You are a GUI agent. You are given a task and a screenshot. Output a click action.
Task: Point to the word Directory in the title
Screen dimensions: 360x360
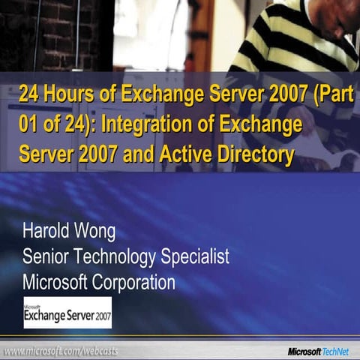(x=259, y=156)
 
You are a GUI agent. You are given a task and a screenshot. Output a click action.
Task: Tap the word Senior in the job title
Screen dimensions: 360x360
(x=45, y=256)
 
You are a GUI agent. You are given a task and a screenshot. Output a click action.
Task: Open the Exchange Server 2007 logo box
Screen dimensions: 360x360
(x=67, y=312)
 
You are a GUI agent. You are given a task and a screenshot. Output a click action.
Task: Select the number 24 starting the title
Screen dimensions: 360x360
(x=28, y=95)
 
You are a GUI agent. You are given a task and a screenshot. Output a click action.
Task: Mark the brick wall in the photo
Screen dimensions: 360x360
(x=37, y=30)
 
